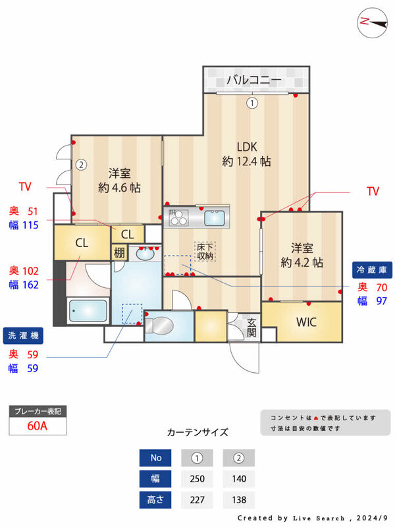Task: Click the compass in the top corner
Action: click(372, 23)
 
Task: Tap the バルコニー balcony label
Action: click(254, 80)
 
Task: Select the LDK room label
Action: click(247, 147)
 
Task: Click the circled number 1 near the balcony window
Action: click(252, 103)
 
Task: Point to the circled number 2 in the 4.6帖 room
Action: click(81, 165)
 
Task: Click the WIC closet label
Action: click(306, 322)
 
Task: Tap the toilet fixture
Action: click(159, 325)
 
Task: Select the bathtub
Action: click(88, 311)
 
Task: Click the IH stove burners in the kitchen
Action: click(178, 217)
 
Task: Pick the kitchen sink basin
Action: click(215, 218)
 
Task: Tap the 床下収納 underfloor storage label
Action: click(205, 252)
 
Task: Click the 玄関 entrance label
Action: click(252, 328)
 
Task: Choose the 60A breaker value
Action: click(38, 426)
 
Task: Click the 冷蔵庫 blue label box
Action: click(372, 269)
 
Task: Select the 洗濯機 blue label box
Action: click(23, 335)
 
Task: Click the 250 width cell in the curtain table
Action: click(197, 479)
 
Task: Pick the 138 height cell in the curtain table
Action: click(239, 500)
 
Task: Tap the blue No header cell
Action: click(155, 458)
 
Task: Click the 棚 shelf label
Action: click(119, 253)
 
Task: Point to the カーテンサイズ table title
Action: click(197, 432)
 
